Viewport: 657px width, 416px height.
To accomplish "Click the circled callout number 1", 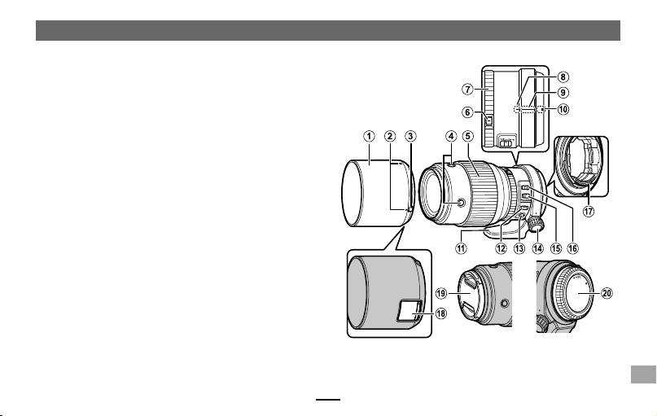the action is [369, 136].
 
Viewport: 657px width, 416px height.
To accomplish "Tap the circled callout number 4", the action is [451, 136].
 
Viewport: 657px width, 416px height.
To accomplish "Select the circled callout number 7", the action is [467, 90].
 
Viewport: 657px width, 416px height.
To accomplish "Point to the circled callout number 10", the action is [563, 109].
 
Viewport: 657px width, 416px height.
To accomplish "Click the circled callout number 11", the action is [461, 248].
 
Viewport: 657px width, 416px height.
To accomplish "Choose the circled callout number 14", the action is [537, 248].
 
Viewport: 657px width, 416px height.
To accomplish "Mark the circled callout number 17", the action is [589, 211].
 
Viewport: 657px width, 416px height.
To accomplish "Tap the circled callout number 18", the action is [440, 313].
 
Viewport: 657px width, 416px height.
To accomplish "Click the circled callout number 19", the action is [440, 293].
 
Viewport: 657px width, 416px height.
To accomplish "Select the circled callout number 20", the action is [607, 293].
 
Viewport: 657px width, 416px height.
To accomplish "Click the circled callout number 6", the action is [467, 112].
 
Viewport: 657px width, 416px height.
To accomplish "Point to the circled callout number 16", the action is [572, 248].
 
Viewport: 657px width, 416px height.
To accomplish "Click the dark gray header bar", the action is [328, 31].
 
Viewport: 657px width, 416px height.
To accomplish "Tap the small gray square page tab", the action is [643, 374].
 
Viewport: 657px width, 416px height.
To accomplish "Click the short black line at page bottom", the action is [328, 400].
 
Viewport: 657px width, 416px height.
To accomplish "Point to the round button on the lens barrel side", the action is [461, 204].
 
